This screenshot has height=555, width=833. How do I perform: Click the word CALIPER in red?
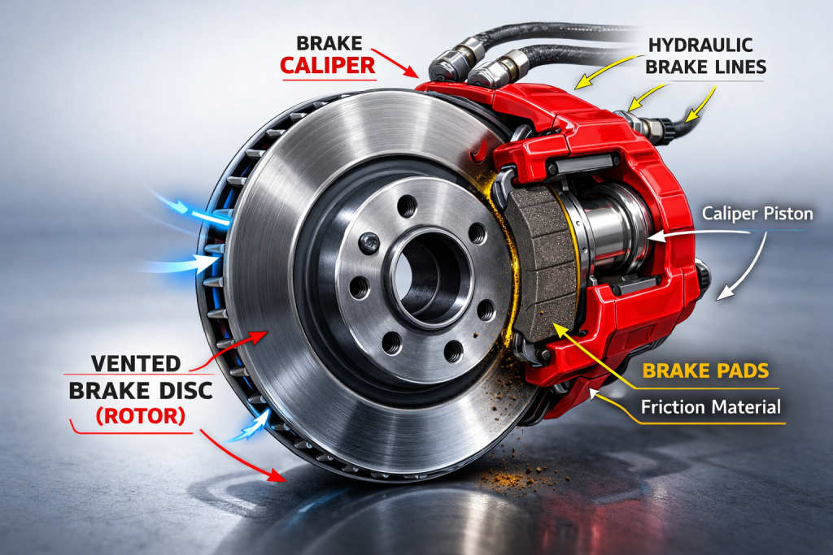pos(328,66)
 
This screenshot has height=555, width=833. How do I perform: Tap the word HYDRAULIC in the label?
pos(700,46)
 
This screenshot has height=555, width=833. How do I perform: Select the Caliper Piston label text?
pos(757,214)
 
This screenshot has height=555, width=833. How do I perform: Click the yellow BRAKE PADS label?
pos(705,371)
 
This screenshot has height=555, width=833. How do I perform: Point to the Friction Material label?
pos(711,407)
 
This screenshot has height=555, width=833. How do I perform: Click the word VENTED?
pos(136,364)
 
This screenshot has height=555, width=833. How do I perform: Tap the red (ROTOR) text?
pos(141,416)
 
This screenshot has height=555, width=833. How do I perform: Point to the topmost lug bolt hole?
pos(408,206)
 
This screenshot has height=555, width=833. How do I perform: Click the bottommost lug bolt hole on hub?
pos(453,351)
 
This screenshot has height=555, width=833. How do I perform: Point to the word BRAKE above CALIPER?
pos(329,43)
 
